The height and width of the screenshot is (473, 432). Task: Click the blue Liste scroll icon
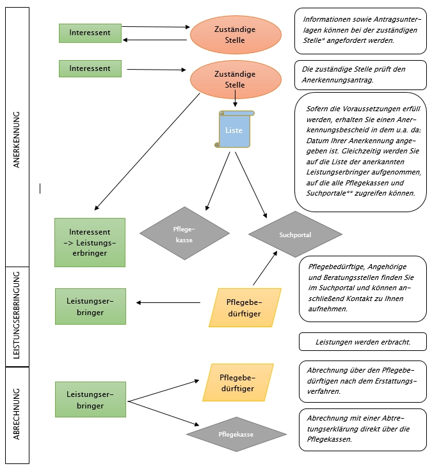pyautogui.click(x=234, y=129)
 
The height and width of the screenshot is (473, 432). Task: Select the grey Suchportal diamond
pyautogui.click(x=295, y=234)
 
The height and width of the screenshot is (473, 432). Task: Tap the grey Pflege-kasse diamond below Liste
pyautogui.click(x=184, y=233)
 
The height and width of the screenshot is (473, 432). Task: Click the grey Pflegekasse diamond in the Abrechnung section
pyautogui.click(x=236, y=434)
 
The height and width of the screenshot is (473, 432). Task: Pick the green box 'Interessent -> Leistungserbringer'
pyautogui.click(x=90, y=242)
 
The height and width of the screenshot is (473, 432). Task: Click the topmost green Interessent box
pyautogui.click(x=90, y=33)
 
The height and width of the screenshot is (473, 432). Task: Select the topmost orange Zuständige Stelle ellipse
pyautogui.click(x=236, y=35)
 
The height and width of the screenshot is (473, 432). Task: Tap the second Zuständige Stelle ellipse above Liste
pyautogui.click(x=236, y=79)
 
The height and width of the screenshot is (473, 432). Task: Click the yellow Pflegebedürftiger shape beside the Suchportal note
pyautogui.click(x=245, y=307)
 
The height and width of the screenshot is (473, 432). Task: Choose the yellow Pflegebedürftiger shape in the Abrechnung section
pyautogui.click(x=238, y=382)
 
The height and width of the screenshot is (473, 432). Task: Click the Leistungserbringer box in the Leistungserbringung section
pyautogui.click(x=90, y=306)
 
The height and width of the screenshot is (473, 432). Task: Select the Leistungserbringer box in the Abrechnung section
pyautogui.click(x=90, y=399)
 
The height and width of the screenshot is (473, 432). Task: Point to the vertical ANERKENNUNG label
pyautogui.click(x=17, y=140)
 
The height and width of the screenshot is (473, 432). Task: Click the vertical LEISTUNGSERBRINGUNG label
pyautogui.click(x=17, y=315)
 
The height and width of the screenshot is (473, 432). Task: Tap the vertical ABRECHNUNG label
pyautogui.click(x=17, y=414)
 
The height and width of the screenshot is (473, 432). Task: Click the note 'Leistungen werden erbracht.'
pyautogui.click(x=363, y=342)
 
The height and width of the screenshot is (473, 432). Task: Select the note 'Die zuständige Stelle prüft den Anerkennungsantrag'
pyautogui.click(x=361, y=75)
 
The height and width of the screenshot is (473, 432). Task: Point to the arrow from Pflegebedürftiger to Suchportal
pyautogui.click(x=265, y=268)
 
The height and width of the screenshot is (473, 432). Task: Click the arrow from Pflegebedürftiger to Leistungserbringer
pyautogui.click(x=168, y=302)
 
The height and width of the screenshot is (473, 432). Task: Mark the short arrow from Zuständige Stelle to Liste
pyautogui.click(x=235, y=98)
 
